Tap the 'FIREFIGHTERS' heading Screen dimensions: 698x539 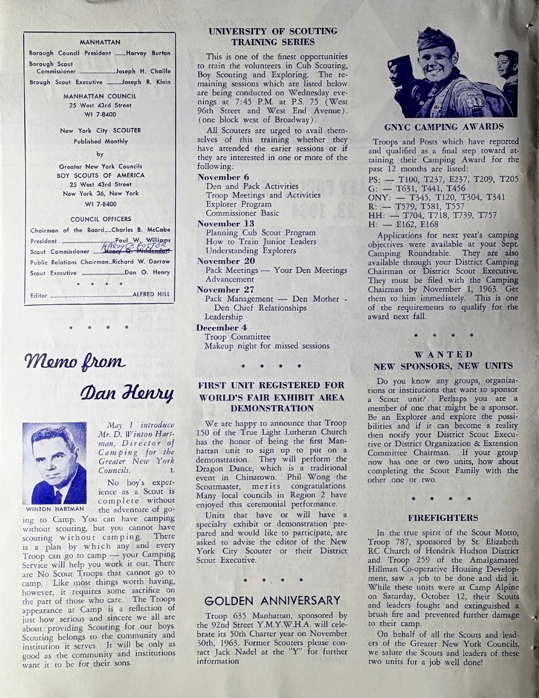pyautogui.click(x=443, y=517)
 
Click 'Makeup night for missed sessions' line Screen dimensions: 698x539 pyautogui.click(x=267, y=346)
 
